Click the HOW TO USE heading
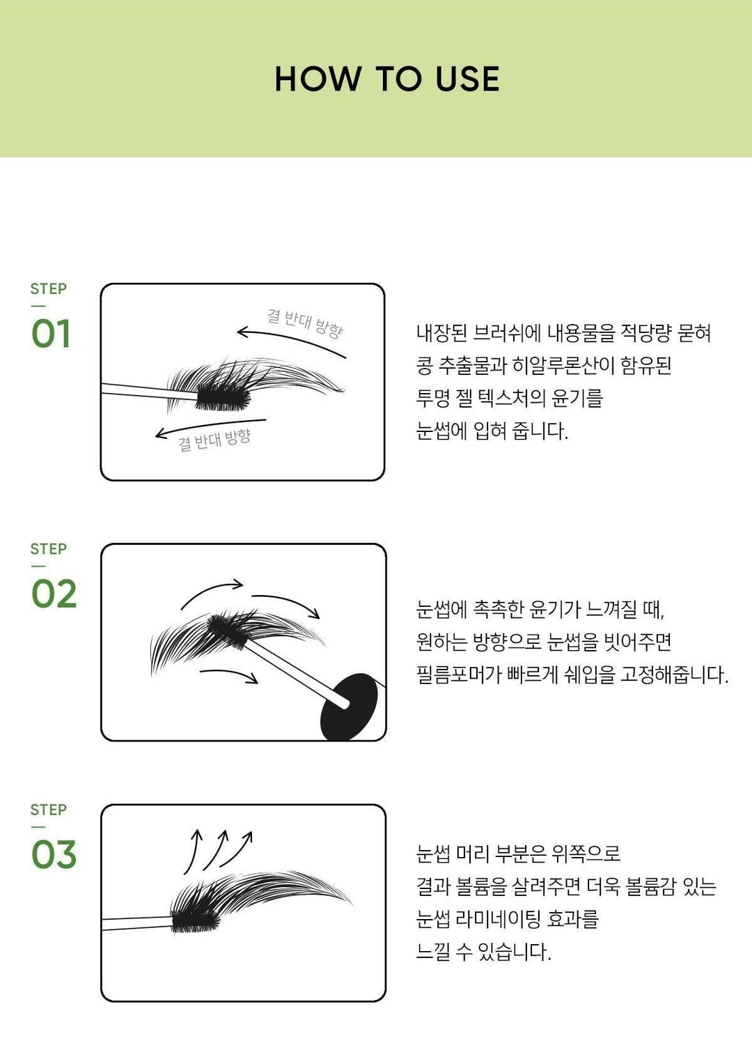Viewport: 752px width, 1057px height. click(387, 79)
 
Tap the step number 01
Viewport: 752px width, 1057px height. click(51, 334)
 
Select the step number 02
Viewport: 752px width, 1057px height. click(54, 594)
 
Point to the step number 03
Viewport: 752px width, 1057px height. click(54, 854)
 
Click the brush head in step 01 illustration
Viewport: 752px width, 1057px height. click(224, 397)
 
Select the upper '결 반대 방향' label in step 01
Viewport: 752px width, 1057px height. click(304, 323)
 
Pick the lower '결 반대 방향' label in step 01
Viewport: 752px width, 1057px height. click(214, 440)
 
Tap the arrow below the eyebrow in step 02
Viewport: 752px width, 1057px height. click(229, 674)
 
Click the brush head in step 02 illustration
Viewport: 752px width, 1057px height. click(228, 631)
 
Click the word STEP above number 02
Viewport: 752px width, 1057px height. click(49, 549)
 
